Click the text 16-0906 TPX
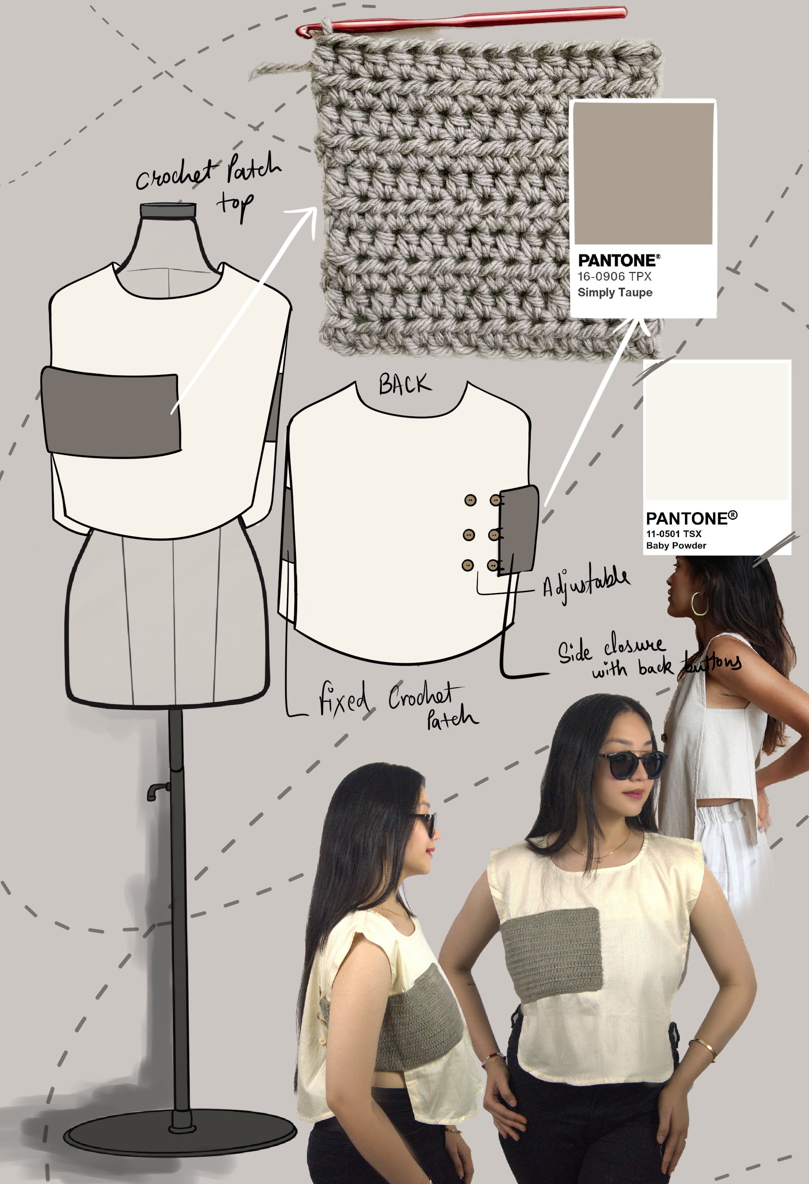tap(614, 277)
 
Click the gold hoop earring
tap(700, 604)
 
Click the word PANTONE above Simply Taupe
tap(618, 261)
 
